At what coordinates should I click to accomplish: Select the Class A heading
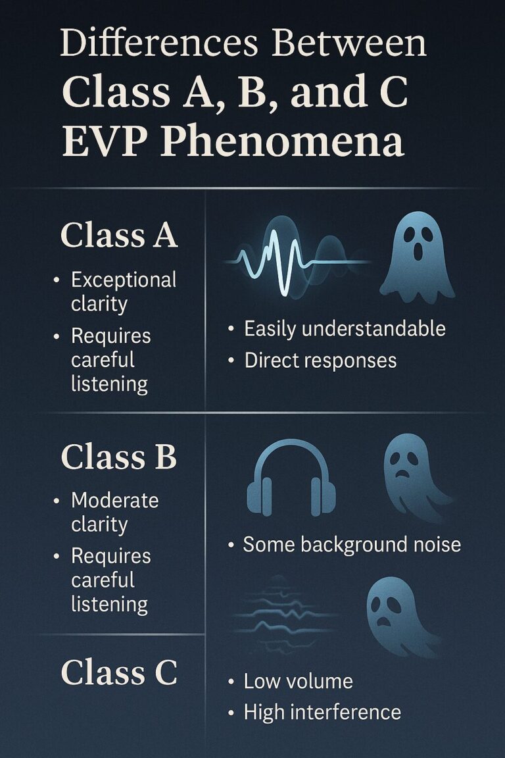click(119, 236)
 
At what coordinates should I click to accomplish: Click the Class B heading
click(118, 458)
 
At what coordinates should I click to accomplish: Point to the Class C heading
click(118, 673)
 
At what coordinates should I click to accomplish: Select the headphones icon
click(291, 477)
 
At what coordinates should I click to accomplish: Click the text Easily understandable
click(345, 328)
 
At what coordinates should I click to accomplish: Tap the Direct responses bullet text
click(320, 360)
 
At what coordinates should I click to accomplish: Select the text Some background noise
click(352, 544)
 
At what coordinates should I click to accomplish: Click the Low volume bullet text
click(298, 681)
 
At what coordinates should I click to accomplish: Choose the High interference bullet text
click(322, 711)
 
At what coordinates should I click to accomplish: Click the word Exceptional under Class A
click(124, 280)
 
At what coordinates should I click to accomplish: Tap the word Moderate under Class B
click(115, 500)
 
